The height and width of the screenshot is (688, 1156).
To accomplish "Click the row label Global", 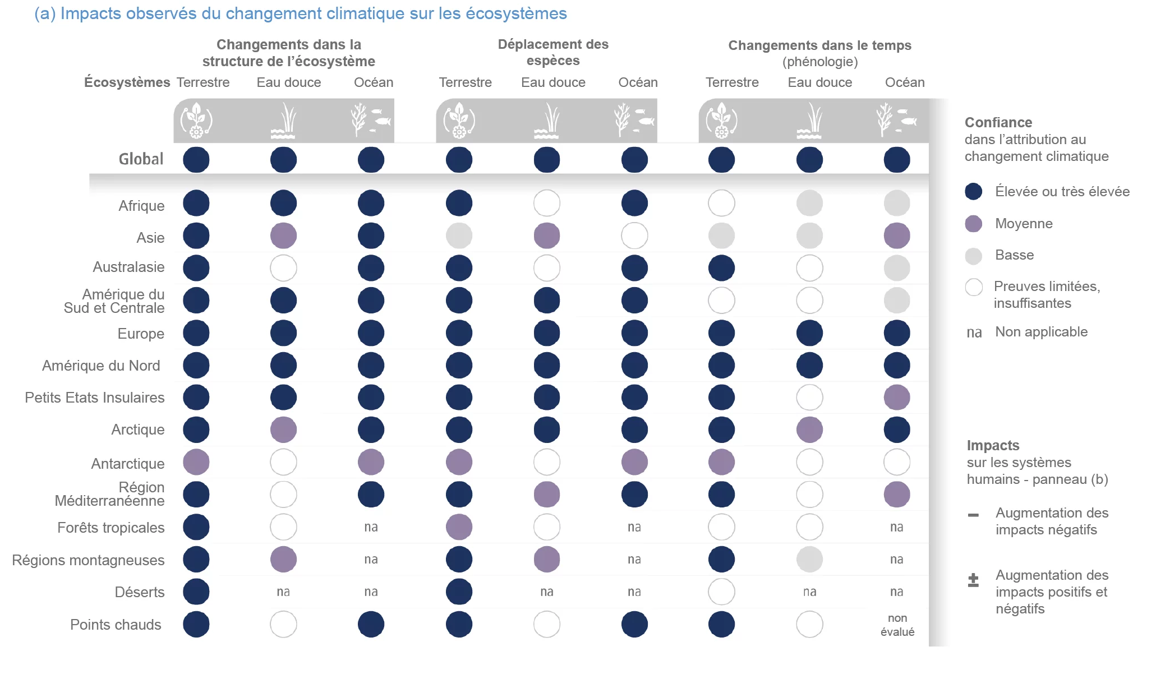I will [141, 159].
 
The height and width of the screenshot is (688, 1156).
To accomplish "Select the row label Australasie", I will [128, 267].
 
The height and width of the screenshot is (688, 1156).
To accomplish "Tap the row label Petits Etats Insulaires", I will [94, 398].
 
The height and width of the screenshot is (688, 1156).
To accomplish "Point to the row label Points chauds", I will [116, 625].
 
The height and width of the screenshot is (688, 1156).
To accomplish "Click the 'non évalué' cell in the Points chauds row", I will [897, 625].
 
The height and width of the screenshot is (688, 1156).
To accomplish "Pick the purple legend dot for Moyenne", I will [973, 224].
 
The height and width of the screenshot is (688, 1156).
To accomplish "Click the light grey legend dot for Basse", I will [973, 256].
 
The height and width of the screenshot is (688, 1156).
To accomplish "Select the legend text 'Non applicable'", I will [1041, 332].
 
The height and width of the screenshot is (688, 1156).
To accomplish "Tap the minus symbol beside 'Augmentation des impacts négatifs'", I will [973, 515].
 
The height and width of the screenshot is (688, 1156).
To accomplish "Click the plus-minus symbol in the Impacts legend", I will [973, 580].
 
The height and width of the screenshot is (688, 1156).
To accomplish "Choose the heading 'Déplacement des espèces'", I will [553, 52].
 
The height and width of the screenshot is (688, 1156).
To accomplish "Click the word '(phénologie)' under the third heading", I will [820, 62].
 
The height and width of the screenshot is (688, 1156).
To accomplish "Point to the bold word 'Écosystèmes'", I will [127, 82].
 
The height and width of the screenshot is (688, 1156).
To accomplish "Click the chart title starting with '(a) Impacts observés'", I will [301, 13].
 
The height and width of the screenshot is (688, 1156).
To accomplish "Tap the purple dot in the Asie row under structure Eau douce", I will [283, 236].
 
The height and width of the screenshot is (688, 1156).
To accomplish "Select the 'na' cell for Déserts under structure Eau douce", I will [283, 592].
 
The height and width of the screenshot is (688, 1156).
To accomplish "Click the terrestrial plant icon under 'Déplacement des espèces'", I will [459, 120].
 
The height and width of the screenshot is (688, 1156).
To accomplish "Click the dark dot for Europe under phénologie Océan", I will [896, 333].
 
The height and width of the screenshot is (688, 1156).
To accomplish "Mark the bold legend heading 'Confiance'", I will [998, 123].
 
